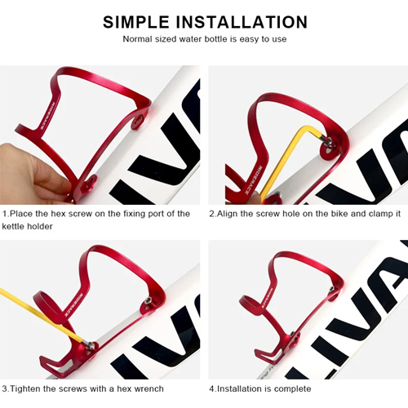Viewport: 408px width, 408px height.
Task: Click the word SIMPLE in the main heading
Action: point(136,22)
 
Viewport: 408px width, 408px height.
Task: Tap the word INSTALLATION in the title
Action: point(242,22)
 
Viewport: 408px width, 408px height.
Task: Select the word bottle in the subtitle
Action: point(215,39)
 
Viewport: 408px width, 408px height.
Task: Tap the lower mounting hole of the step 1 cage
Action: point(89,184)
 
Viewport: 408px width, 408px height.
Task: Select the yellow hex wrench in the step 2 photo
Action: point(291,161)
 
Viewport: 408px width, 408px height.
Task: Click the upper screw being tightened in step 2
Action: point(329,140)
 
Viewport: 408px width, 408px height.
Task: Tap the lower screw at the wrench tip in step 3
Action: point(91,346)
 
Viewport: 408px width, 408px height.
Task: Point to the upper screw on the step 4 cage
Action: point(331,289)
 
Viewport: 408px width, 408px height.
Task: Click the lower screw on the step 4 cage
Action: point(292,334)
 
